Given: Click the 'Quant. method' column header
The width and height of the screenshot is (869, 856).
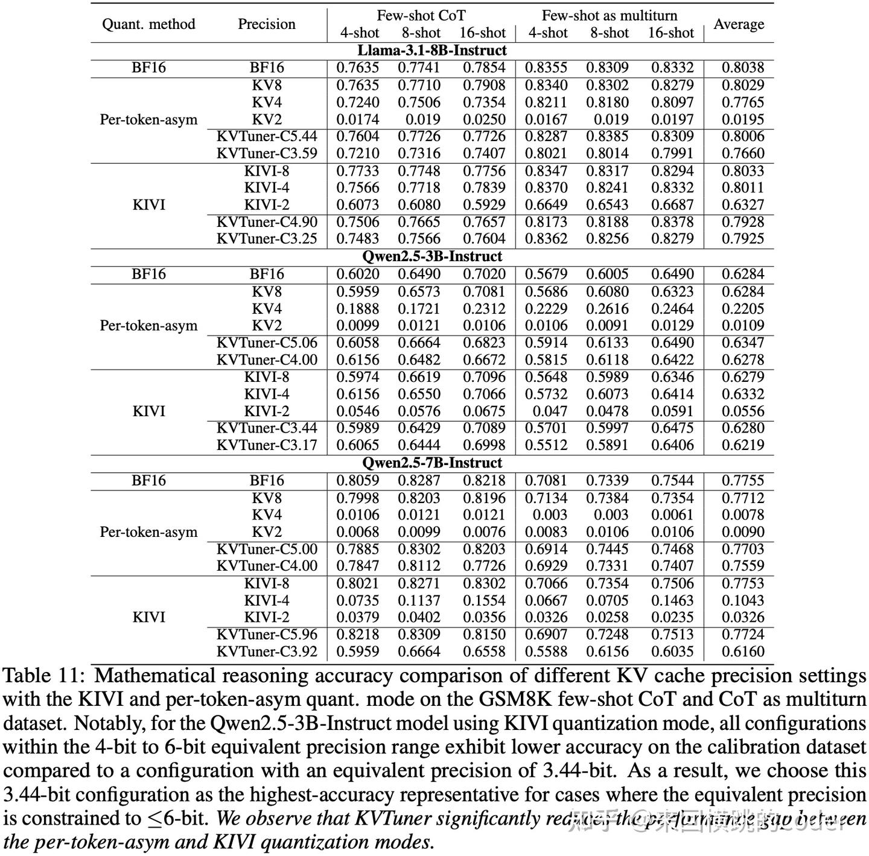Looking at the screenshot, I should point(148,24).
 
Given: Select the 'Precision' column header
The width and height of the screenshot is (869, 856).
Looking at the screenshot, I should point(266,24).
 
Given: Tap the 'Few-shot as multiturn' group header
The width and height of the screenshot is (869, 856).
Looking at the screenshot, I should point(609,16).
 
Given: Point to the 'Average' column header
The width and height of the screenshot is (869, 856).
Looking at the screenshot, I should point(739,24).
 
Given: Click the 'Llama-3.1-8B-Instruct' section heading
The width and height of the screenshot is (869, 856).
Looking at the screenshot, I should point(432,51).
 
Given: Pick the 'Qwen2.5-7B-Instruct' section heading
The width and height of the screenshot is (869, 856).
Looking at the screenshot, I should point(432,463).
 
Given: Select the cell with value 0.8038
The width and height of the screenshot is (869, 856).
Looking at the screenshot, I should point(743,68).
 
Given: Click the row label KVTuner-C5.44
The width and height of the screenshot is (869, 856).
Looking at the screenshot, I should point(267,136).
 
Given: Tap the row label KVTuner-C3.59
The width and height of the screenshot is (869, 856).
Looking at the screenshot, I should point(267,153).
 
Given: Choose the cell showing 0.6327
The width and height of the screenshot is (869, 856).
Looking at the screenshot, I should point(743,204).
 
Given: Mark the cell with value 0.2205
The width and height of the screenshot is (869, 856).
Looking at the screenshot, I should point(743,308).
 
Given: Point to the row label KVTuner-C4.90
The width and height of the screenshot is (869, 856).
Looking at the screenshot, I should point(267,222).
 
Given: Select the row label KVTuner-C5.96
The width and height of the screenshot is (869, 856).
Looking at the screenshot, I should point(267,634).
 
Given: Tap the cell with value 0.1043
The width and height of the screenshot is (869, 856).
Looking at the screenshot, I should point(743,600).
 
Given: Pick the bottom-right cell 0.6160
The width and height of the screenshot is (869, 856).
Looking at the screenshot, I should point(743,652).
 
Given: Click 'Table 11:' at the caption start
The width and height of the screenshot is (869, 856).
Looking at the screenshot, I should point(45,676).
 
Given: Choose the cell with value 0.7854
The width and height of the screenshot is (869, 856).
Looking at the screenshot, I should point(483,68).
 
